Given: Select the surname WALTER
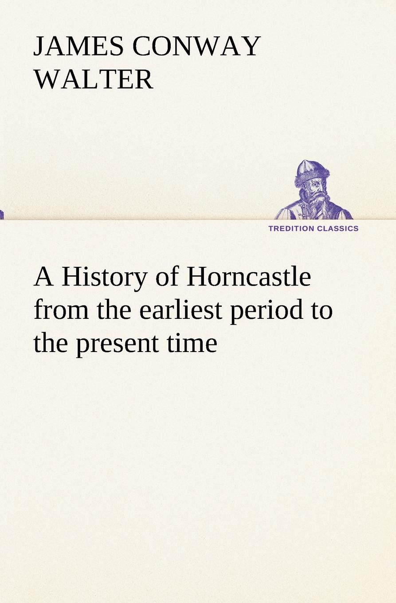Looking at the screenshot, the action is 94,79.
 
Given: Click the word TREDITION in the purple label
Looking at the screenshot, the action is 291,228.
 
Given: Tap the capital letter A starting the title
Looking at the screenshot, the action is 44,278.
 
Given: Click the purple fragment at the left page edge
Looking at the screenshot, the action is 2,215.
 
